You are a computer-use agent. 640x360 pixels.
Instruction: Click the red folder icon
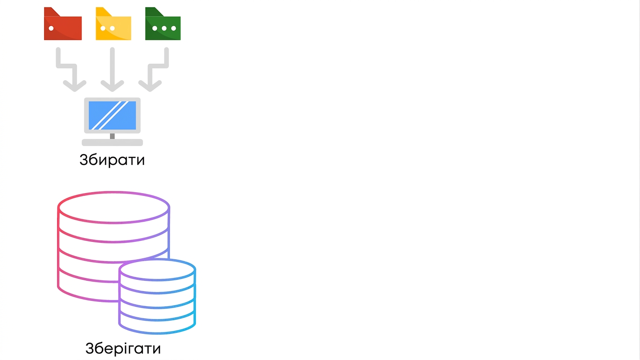click(x=63, y=24)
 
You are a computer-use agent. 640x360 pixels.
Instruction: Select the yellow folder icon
click(x=113, y=24)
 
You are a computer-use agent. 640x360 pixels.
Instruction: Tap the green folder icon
click(x=163, y=24)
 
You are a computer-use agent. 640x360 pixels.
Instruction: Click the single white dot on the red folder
click(x=51, y=28)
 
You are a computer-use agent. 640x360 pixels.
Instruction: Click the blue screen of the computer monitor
click(x=112, y=115)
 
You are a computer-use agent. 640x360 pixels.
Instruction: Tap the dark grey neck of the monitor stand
click(x=112, y=136)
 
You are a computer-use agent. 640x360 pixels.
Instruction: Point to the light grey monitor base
click(x=112, y=142)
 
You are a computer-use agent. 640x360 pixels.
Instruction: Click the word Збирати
click(x=112, y=160)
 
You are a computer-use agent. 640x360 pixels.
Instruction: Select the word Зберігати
click(x=123, y=348)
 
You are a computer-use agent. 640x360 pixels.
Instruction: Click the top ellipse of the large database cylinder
click(x=113, y=192)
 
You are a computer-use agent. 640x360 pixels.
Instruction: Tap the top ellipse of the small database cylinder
click(x=157, y=260)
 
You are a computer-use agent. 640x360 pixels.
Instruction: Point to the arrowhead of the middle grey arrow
click(x=112, y=86)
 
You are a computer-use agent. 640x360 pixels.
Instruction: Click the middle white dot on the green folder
click(x=164, y=28)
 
